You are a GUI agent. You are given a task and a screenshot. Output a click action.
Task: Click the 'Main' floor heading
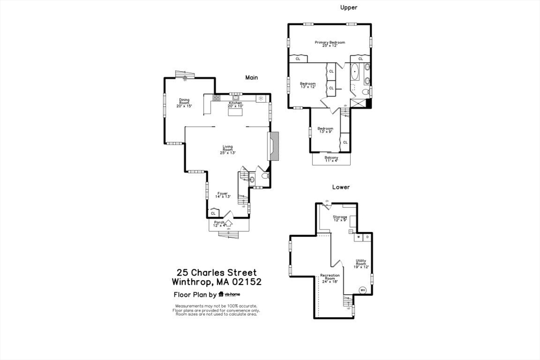251,77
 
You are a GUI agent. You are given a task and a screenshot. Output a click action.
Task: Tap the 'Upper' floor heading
349,7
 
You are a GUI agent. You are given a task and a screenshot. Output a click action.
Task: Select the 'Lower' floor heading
340,187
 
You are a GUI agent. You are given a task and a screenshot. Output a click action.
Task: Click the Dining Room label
184,103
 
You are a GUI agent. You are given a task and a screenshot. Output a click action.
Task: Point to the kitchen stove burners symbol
216,98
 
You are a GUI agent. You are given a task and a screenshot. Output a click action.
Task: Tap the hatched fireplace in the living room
274,146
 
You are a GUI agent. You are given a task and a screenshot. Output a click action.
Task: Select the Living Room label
227,149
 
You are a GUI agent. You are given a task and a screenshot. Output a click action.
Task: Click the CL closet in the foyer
213,213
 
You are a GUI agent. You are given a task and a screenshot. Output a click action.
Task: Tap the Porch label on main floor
219,223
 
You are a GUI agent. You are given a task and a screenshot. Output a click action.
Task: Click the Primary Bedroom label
330,44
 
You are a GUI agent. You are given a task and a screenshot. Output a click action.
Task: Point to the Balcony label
331,159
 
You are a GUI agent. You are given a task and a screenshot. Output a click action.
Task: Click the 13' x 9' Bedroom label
325,130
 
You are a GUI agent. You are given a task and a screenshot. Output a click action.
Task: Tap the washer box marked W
359,237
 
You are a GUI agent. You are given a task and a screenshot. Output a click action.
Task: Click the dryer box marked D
367,237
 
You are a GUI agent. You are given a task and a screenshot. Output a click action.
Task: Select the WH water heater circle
363,289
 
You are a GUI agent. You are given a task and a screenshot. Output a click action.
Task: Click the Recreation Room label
330,278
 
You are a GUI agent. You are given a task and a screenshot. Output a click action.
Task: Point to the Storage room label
340,218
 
